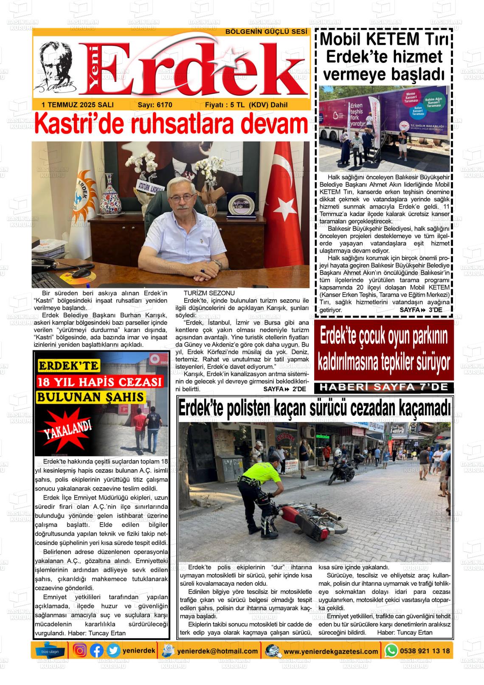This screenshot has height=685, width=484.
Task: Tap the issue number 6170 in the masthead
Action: (163, 105)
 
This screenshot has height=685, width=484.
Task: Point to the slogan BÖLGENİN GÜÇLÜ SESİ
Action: (266, 32)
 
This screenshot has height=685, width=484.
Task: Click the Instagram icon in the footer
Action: (80, 650)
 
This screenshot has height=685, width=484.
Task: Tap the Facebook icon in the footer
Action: (97, 650)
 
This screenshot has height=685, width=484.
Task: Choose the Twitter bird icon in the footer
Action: (113, 650)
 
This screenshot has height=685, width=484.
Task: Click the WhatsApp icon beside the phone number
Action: (391, 650)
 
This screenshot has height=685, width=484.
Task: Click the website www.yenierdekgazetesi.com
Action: (331, 651)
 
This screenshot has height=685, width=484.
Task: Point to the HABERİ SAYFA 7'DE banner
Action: (385, 388)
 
